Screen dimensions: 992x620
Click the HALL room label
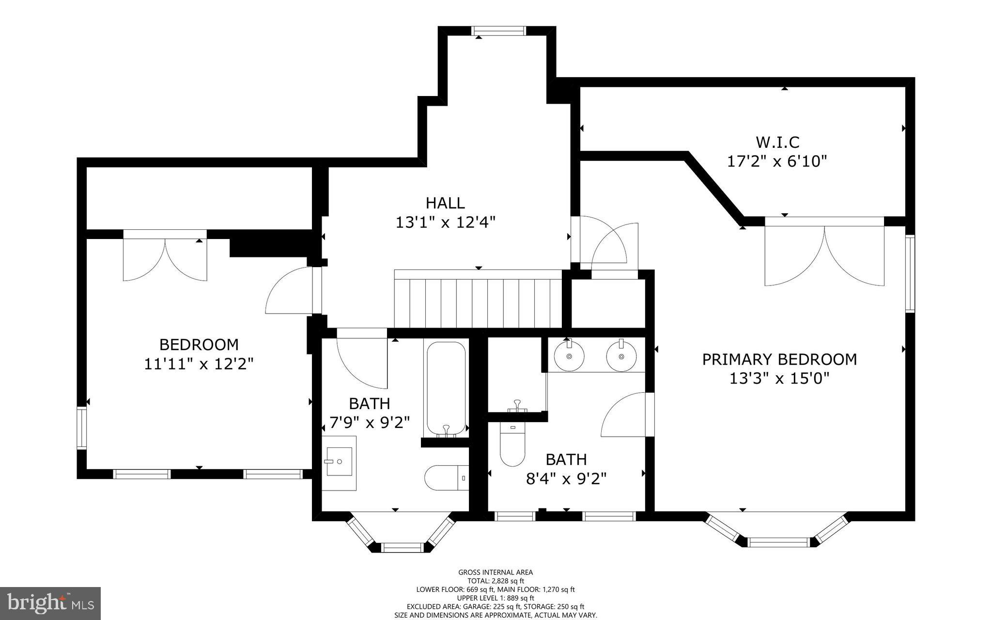click(x=445, y=203)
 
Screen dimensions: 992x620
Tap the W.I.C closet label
click(x=777, y=143)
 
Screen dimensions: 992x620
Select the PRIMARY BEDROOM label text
click(x=779, y=359)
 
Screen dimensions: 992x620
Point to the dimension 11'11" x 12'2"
click(x=199, y=364)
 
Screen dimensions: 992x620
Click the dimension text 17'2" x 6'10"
click(x=777, y=161)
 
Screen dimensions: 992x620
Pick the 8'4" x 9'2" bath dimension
click(x=566, y=479)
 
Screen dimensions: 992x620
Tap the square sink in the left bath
click(x=339, y=463)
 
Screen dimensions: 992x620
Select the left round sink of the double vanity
click(x=569, y=356)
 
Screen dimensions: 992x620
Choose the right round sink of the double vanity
click(x=621, y=356)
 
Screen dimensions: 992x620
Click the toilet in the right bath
click(x=512, y=444)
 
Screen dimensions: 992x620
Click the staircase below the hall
click(x=478, y=299)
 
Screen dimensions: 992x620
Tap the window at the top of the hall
click(x=499, y=31)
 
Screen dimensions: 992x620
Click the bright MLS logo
click(x=50, y=604)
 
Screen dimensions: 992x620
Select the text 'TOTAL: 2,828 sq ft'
click(x=496, y=581)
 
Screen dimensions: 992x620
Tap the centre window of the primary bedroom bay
click(x=779, y=542)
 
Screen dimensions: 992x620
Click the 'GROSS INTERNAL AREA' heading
click(x=496, y=572)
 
